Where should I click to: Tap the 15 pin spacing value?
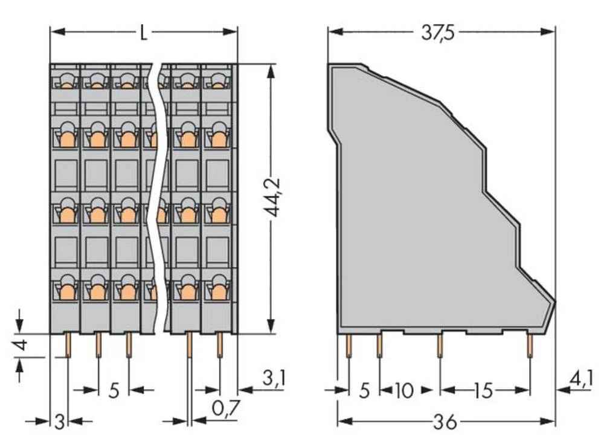point(483,390)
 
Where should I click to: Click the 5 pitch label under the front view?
point(114,390)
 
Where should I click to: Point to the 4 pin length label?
point(22,346)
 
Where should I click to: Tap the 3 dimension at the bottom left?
point(59,421)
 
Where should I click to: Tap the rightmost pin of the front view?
point(219,345)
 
